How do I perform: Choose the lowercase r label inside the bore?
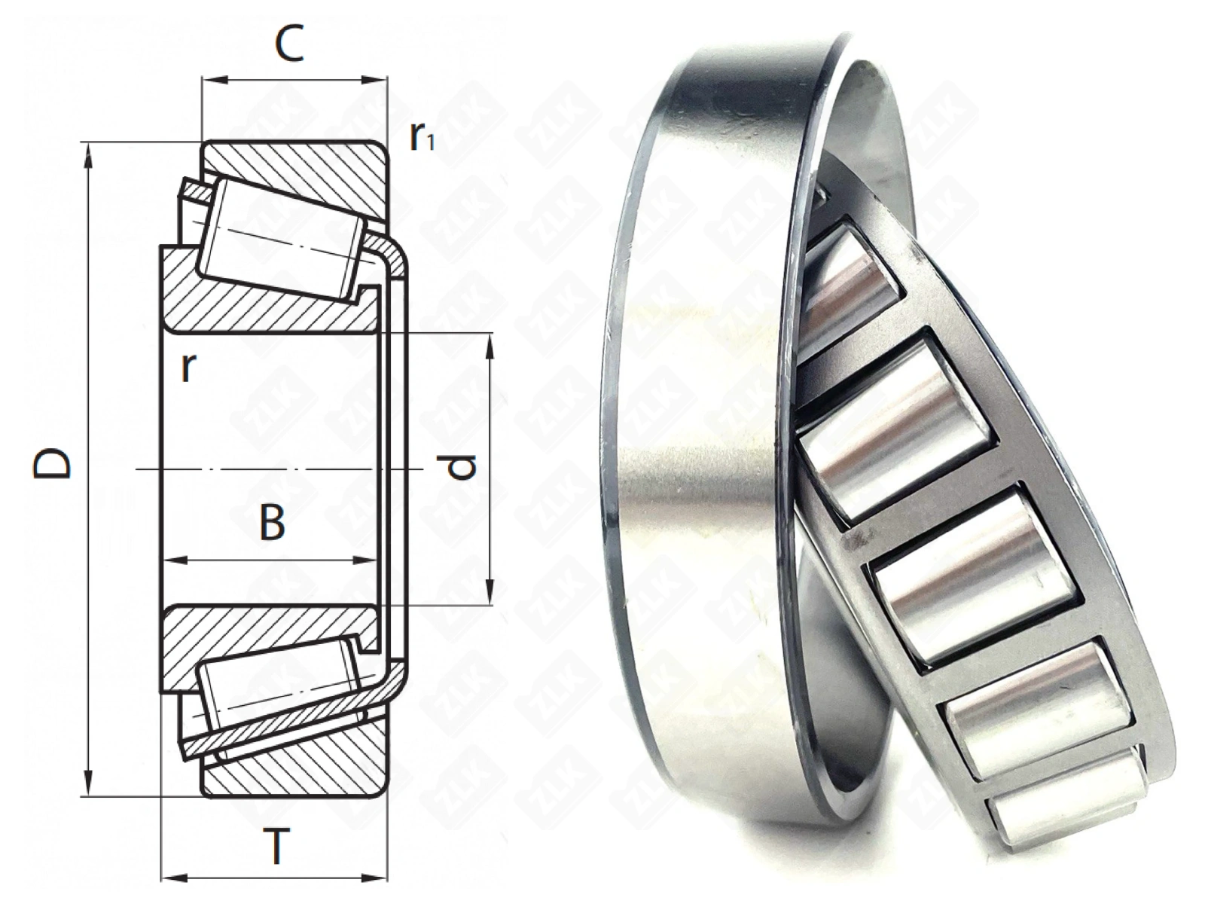[188, 368]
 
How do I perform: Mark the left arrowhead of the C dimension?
[215, 81]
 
